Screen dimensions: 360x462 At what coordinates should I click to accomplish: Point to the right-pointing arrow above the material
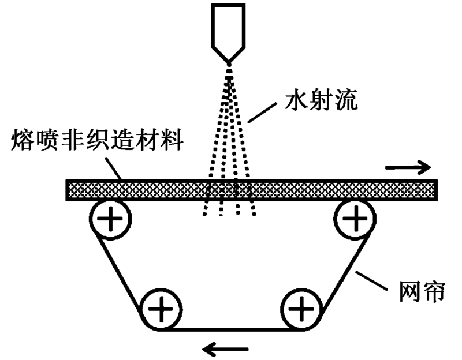(x=408, y=168)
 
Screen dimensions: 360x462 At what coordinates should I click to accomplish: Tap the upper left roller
(x=110, y=220)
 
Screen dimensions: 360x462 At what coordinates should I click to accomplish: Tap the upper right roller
(x=356, y=220)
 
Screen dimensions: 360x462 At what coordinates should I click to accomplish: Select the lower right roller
(x=301, y=310)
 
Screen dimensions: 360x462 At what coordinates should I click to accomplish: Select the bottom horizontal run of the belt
(x=231, y=329)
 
